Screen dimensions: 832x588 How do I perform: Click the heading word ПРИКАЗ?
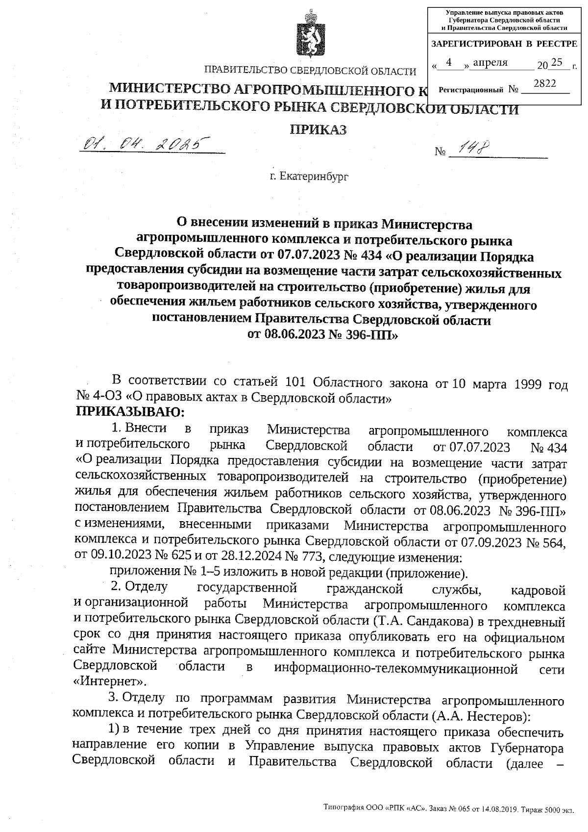coord(318,129)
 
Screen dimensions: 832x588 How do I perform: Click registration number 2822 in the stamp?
coord(544,84)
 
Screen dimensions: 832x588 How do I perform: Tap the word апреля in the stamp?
coord(490,63)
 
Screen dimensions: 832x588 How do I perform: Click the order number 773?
coord(311,557)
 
